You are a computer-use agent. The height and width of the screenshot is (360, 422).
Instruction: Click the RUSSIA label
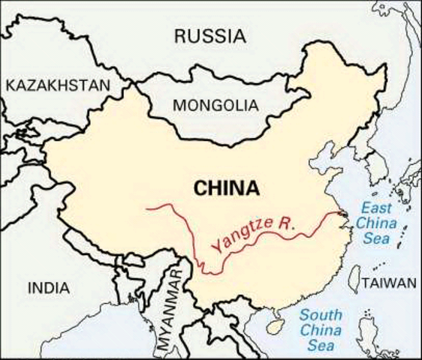click(210, 35)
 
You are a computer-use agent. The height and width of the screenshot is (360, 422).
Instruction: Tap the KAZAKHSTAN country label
click(57, 85)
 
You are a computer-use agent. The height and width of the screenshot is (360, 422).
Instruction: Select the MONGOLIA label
click(215, 106)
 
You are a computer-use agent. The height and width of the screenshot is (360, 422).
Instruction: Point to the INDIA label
click(48, 287)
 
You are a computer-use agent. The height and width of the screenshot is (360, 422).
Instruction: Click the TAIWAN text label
click(388, 283)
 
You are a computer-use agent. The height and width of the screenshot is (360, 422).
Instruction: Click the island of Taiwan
click(354, 278)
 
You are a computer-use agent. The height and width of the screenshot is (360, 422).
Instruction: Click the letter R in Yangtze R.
click(283, 222)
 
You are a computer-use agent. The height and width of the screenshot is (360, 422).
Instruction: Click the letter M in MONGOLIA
click(179, 106)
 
